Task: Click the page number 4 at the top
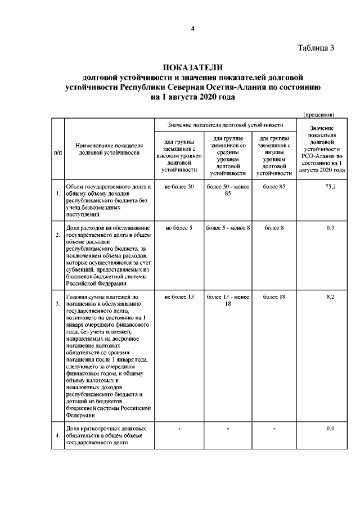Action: pyautogui.click(x=192, y=30)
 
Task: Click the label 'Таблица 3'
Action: pyautogui.click(x=316, y=48)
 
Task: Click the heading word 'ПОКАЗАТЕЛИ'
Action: pyautogui.click(x=192, y=68)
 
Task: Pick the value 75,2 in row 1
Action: pyautogui.click(x=330, y=186)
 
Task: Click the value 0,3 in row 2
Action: pyautogui.click(x=331, y=228)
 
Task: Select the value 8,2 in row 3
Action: pyautogui.click(x=331, y=296)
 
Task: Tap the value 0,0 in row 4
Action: pyautogui.click(x=331, y=429)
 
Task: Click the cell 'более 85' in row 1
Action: pyautogui.click(x=274, y=186)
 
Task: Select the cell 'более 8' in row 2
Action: pyautogui.click(x=274, y=228)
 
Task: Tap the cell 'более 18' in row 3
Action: pyautogui.click(x=274, y=296)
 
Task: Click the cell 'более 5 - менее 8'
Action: pyautogui.click(x=228, y=228)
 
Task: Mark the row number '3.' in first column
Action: pyautogui.click(x=58, y=304)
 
